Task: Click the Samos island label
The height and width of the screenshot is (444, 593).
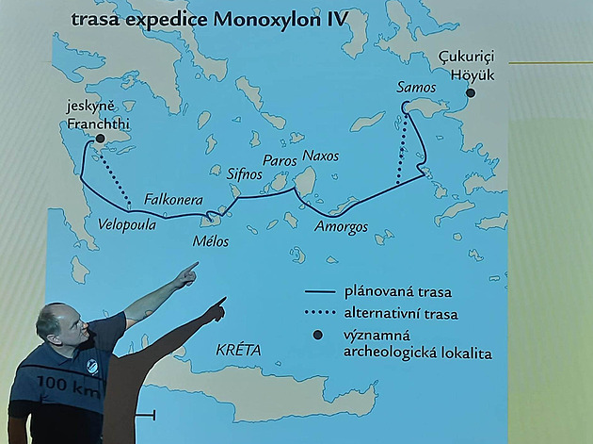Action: point(416,88)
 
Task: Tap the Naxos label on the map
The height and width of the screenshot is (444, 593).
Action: point(320,156)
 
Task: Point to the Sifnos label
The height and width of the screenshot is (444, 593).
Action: point(247,173)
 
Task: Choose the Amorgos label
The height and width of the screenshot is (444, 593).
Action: point(341,227)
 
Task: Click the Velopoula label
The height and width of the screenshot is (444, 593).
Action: point(126,225)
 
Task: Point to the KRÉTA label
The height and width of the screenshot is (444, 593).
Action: point(237,349)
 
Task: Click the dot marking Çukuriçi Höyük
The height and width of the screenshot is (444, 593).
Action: point(470,92)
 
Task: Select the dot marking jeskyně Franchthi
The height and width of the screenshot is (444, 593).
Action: point(99,138)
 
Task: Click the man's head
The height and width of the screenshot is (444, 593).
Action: point(58,324)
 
